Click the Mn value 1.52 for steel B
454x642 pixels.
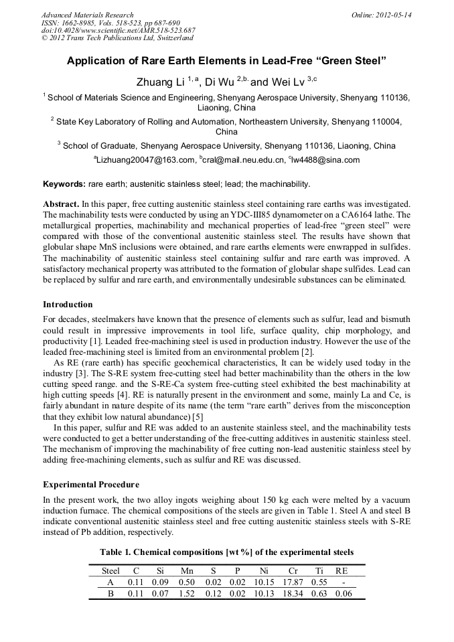[187, 593]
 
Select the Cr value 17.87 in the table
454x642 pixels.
[292, 582]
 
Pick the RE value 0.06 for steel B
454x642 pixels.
[342, 593]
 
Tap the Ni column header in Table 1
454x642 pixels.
[264, 571]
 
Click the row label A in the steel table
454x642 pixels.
[110, 582]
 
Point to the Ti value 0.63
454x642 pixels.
[319, 593]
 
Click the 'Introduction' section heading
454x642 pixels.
[68, 305]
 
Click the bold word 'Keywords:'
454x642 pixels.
[64, 183]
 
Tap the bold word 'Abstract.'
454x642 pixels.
[62, 203]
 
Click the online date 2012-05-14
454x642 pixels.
[393, 15]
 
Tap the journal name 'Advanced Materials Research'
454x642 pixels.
[87, 15]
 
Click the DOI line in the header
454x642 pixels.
[118, 30]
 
